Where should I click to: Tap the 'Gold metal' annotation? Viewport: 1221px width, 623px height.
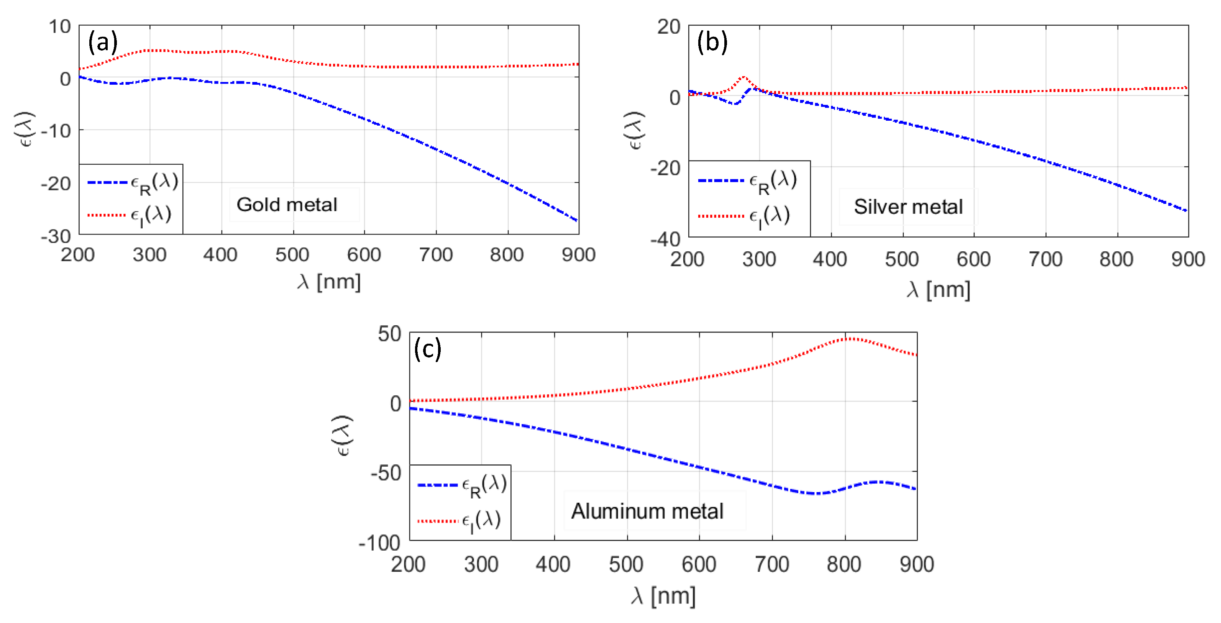pos(287,205)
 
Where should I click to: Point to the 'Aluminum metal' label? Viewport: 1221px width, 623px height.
pos(647,511)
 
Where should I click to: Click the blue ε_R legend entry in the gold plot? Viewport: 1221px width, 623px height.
pos(133,182)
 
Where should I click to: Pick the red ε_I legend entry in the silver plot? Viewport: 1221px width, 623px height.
pos(744,216)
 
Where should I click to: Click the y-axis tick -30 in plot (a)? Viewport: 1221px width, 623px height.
pos(56,236)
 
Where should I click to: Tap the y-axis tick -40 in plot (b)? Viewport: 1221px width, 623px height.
pos(665,239)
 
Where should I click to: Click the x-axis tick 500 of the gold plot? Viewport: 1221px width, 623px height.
pos(292,255)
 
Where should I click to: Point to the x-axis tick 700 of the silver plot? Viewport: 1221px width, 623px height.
pos(1045,259)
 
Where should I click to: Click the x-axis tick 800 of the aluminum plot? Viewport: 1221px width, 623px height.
pos(844,564)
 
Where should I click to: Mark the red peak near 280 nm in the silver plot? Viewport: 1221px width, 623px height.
pos(744,77)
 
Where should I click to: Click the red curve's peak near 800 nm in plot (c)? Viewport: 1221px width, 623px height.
pos(851,338)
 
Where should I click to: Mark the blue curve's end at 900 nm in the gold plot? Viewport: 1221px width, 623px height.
pos(577,221)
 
